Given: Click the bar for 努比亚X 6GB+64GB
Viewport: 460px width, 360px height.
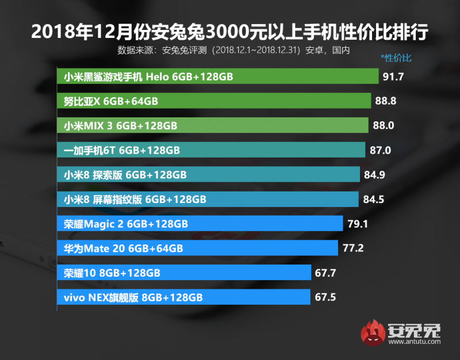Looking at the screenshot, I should point(214,101).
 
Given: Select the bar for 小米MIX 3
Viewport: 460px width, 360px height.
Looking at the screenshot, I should point(213,125).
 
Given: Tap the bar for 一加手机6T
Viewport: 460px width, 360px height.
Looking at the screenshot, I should point(211,150).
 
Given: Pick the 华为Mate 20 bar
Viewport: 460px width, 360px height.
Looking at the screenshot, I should point(197,248).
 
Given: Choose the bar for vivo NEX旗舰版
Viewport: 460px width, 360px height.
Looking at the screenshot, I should point(183,297).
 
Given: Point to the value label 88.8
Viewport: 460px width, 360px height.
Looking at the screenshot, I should point(385,101).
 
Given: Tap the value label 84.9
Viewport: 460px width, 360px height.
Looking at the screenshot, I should point(375,174).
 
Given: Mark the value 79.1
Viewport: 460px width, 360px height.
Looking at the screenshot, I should point(357,224).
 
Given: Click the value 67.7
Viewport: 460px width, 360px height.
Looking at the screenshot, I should point(325,273).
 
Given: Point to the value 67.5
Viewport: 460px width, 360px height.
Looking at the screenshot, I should point(325,297).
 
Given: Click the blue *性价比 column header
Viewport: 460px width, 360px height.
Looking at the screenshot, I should point(396,58).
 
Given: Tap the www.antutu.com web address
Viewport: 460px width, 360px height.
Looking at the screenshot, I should point(414,343).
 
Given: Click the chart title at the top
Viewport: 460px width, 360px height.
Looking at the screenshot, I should point(230,32).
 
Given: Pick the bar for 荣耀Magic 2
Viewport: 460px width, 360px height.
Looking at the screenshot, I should point(200,224).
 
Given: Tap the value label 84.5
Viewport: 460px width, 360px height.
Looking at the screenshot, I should point(374,199).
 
